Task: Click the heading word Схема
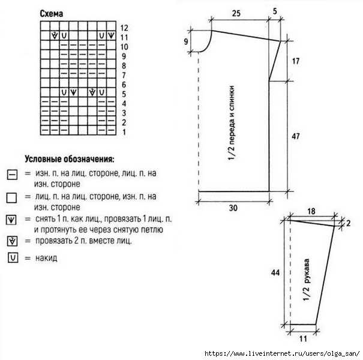tap(52, 14)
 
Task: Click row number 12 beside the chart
tap(124, 28)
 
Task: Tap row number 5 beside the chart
tap(124, 94)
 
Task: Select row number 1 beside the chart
tap(124, 132)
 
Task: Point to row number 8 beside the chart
tap(124, 66)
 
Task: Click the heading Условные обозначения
tap(70, 159)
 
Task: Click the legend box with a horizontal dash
tap(12, 175)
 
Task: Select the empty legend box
tap(11, 198)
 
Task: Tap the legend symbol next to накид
tap(13, 257)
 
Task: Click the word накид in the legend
tap(46, 258)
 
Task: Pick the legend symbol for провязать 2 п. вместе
tap(12, 241)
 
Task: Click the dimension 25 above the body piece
tap(236, 13)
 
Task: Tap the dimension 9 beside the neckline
tap(186, 41)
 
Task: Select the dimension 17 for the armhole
tap(296, 61)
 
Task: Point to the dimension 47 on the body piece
tap(296, 136)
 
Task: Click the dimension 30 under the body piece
tap(233, 208)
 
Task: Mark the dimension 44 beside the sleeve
tap(275, 273)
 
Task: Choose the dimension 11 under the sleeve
tap(303, 339)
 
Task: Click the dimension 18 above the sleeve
tap(311, 211)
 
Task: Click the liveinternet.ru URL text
tap(282, 353)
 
